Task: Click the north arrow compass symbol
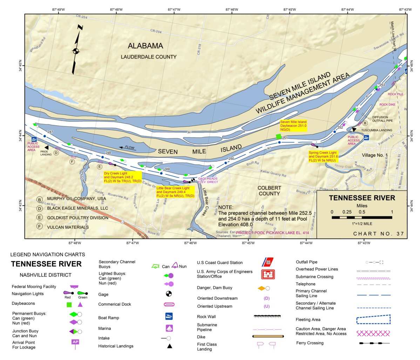click(x=76, y=51)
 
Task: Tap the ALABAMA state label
click(x=145, y=46)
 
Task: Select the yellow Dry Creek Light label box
click(x=123, y=177)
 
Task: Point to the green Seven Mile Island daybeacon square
click(x=278, y=137)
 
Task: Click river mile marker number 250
click(x=231, y=159)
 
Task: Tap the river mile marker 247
click(x=50, y=132)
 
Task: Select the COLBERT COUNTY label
click(x=269, y=191)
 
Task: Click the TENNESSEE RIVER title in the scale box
click(x=362, y=198)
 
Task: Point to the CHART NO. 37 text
click(x=378, y=234)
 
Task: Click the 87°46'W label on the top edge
click(x=232, y=10)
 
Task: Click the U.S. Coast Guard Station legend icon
click(x=268, y=262)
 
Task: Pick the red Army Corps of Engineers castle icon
click(x=268, y=274)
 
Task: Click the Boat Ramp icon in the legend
click(x=169, y=316)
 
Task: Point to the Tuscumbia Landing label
click(x=377, y=130)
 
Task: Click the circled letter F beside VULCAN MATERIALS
click(x=40, y=227)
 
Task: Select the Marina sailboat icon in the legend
click(x=169, y=328)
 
